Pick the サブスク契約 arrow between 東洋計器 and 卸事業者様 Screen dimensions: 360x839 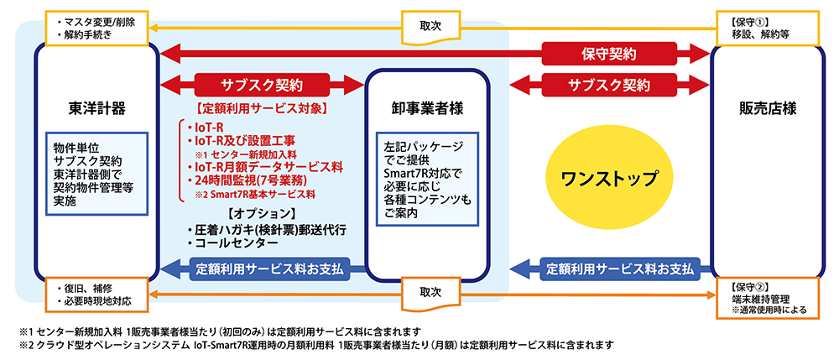pyautogui.click(x=261, y=85)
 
